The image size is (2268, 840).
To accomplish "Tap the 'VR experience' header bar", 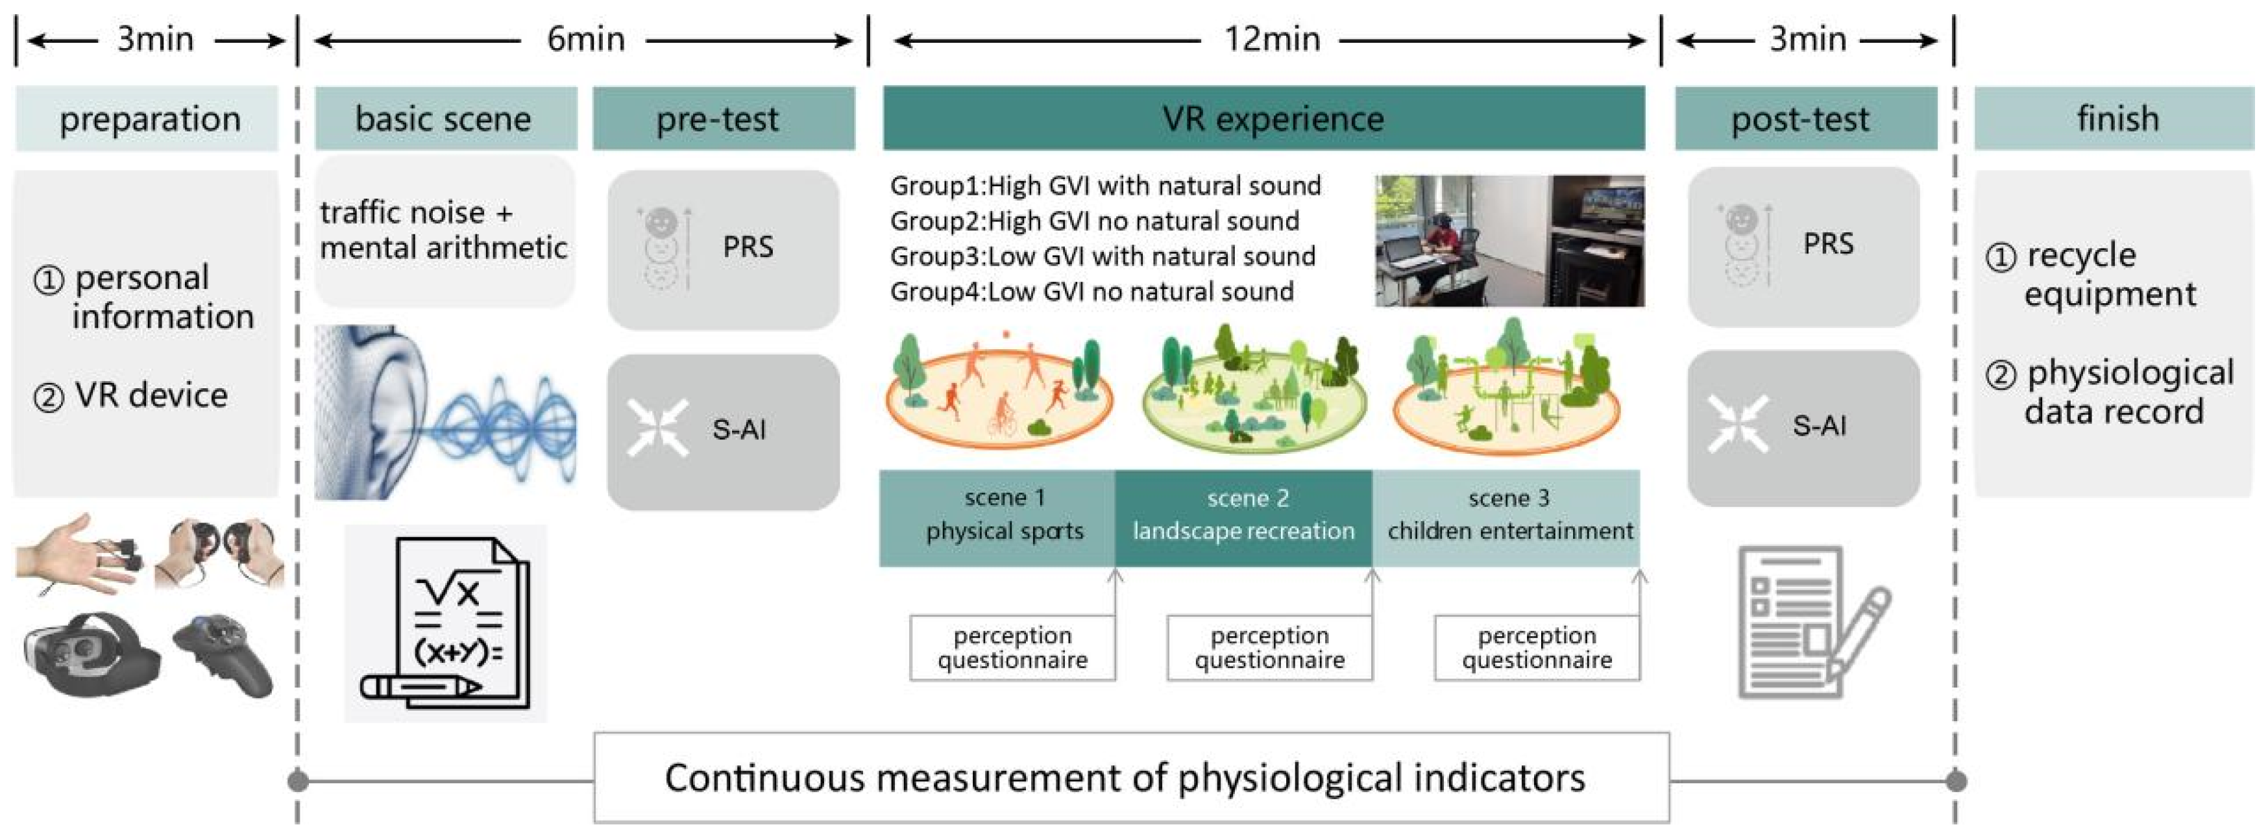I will (1263, 119).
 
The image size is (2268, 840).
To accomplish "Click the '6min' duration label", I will (585, 40).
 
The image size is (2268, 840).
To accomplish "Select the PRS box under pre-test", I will (723, 249).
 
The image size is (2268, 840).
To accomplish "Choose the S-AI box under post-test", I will (1803, 428).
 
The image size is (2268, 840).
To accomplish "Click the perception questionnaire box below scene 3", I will (1537, 648).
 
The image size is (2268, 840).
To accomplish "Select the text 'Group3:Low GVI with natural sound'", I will (1103, 256).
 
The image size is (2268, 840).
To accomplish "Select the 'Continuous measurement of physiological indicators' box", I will (1131, 778).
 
